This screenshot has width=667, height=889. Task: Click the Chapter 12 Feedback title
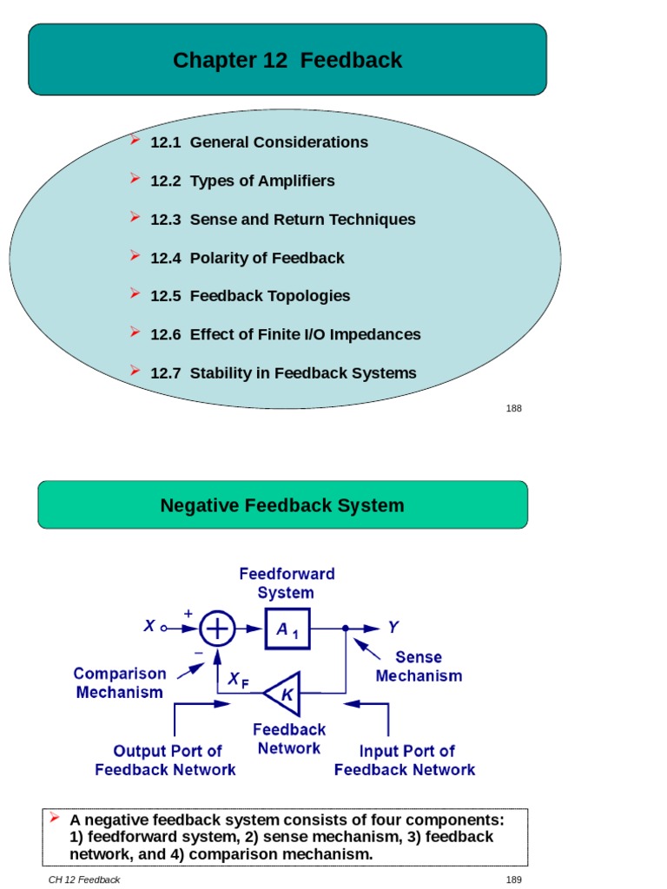point(287,60)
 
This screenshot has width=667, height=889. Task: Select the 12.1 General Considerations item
point(259,142)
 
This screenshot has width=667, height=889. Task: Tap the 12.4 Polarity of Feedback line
point(247,258)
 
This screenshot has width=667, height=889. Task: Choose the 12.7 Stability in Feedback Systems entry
point(283,373)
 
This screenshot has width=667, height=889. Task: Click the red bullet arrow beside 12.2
point(135,179)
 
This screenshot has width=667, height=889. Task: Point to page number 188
point(514,408)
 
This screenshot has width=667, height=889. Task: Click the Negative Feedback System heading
point(282,505)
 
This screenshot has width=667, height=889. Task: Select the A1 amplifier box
point(287,629)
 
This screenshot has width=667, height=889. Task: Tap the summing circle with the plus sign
point(218,628)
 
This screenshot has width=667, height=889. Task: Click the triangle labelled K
point(282,693)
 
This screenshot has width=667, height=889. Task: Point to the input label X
point(149,626)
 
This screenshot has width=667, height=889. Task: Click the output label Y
point(393,627)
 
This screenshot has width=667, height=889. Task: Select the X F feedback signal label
point(238,682)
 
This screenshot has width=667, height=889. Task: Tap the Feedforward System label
point(287,583)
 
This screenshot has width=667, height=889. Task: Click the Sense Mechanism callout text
point(419,667)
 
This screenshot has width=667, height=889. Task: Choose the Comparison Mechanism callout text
point(120,683)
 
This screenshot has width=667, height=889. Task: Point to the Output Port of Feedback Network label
point(166,761)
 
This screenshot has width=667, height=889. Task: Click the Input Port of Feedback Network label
point(405,761)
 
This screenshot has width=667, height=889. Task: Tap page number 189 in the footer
point(514,879)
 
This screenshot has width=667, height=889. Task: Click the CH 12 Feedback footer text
point(84,879)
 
